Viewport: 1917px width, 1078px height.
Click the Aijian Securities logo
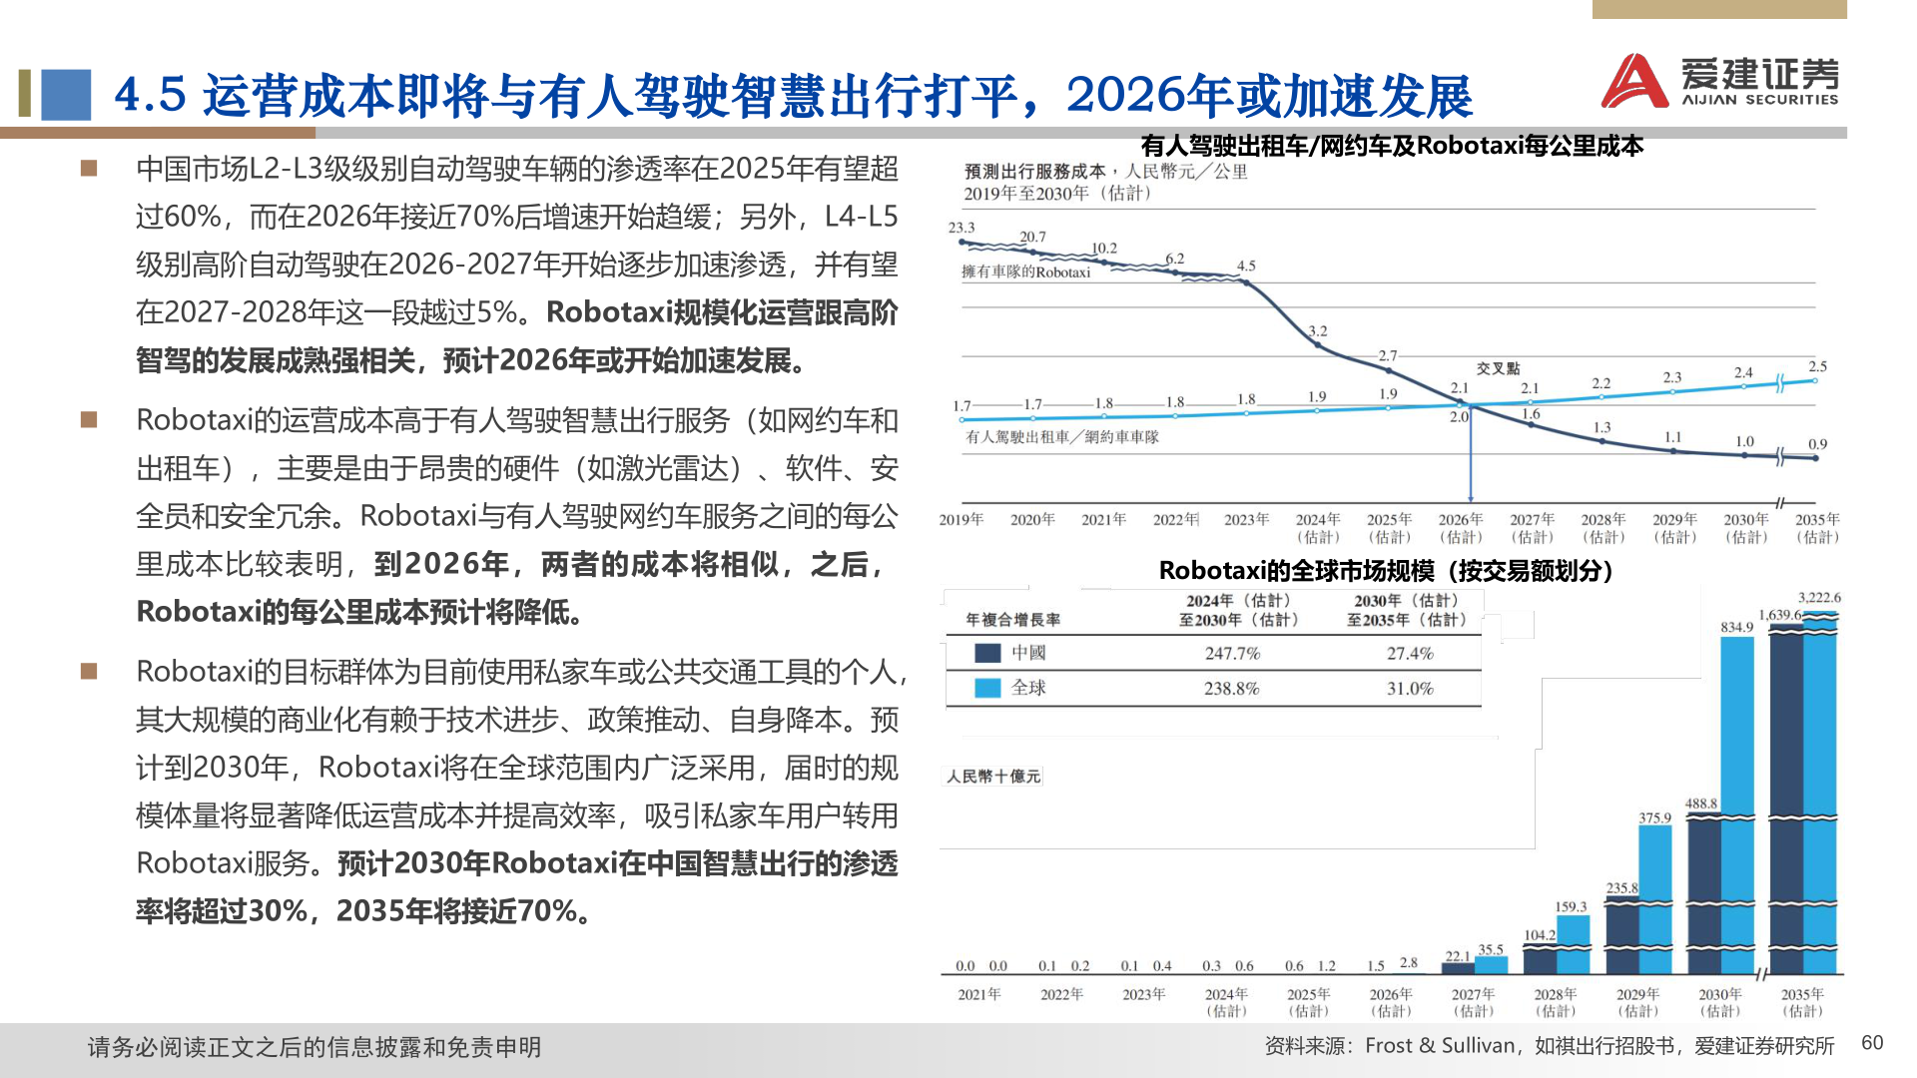pyautogui.click(x=1719, y=80)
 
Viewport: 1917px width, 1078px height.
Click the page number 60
pyautogui.click(x=1872, y=1043)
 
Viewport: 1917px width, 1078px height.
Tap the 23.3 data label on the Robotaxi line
pyautogui.click(x=961, y=228)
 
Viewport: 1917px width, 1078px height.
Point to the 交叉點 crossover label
pyautogui.click(x=1498, y=368)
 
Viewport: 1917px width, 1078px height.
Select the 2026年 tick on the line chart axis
pyautogui.click(x=1461, y=527)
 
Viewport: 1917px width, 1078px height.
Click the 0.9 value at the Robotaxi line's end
pyautogui.click(x=1817, y=444)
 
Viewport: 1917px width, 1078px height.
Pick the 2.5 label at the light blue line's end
pyautogui.click(x=1817, y=366)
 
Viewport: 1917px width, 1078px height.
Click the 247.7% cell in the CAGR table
pyautogui.click(x=1232, y=654)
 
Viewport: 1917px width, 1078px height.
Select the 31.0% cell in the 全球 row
pyautogui.click(x=1410, y=689)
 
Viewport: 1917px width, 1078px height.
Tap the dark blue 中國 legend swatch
pyautogui.click(x=987, y=653)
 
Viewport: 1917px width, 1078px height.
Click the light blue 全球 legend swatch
pyautogui.click(x=987, y=688)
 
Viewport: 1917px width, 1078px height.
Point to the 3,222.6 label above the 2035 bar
pyautogui.click(x=1819, y=598)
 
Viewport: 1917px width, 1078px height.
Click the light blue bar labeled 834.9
pyautogui.click(x=1737, y=799)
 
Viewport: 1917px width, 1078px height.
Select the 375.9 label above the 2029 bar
pyautogui.click(x=1654, y=817)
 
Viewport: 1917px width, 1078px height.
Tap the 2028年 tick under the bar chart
pyautogui.click(x=1556, y=1001)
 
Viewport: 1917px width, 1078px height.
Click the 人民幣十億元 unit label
pyautogui.click(x=993, y=777)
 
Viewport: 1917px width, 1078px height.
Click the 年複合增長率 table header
pyautogui.click(x=1012, y=620)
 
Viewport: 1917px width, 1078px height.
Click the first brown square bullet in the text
pyautogui.click(x=89, y=169)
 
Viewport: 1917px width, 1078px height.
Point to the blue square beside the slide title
pyautogui.click(x=66, y=95)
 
